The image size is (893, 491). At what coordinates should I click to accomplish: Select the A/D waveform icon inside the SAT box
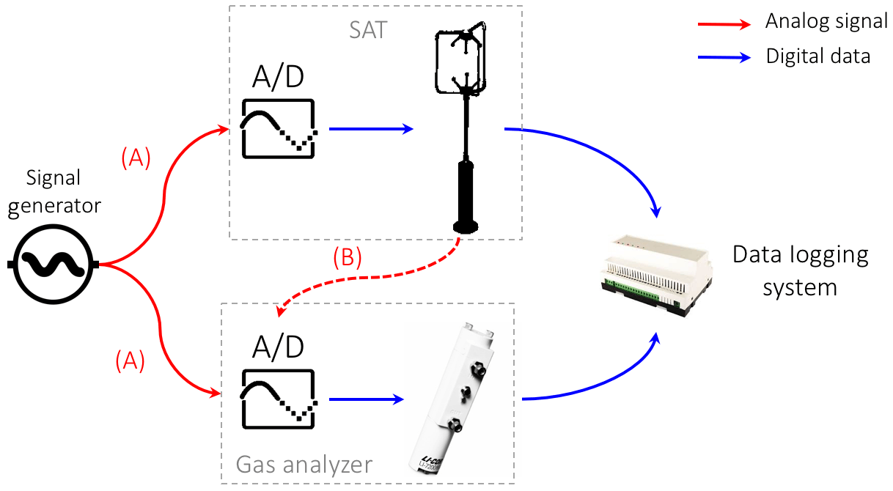[279, 128]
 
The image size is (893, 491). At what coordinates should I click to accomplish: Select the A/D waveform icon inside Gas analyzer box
[279, 399]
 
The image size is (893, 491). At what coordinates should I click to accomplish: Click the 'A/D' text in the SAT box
[278, 77]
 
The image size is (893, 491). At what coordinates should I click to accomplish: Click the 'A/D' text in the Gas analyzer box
[278, 347]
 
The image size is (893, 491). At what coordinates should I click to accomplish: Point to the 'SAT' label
[367, 31]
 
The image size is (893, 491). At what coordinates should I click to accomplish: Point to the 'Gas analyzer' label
[304, 464]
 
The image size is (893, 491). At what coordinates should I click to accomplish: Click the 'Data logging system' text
[800, 271]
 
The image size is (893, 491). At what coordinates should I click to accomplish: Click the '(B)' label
[348, 259]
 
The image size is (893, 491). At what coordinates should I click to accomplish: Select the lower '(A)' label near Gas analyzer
[130, 360]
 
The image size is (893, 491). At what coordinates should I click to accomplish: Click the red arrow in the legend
[724, 23]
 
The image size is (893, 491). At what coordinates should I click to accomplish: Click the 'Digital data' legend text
[817, 56]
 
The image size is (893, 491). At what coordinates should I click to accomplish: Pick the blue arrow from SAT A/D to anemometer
[371, 129]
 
